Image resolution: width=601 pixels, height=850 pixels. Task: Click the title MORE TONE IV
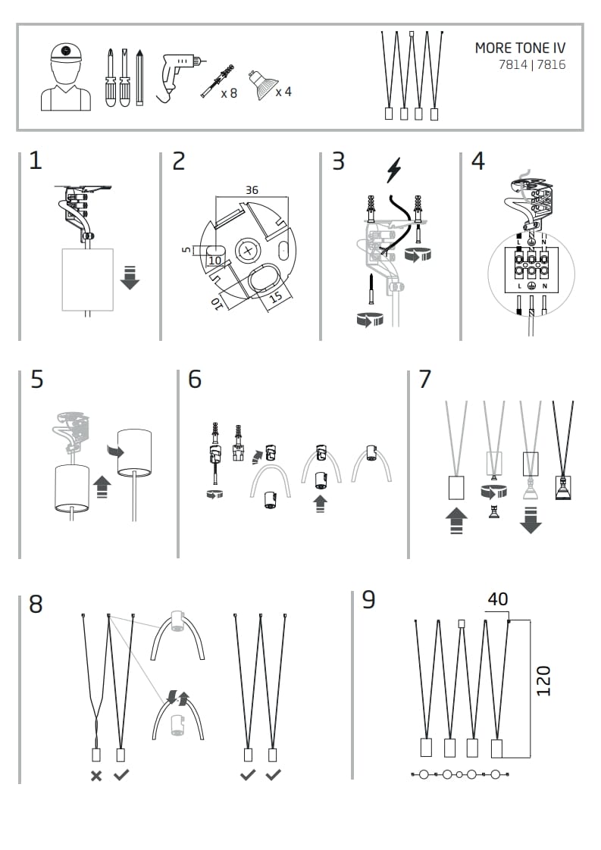[x=519, y=48]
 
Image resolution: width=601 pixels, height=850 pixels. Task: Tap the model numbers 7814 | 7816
[x=531, y=65]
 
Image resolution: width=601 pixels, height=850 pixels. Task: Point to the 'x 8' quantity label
[x=228, y=94]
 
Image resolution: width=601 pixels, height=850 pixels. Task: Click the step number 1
[x=36, y=161]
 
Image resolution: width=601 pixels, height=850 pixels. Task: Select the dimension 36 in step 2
[x=252, y=190]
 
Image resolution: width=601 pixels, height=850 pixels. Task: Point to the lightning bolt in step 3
[x=393, y=170]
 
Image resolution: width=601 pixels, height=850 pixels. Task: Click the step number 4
[x=477, y=161]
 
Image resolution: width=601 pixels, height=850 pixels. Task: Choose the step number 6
[x=195, y=379]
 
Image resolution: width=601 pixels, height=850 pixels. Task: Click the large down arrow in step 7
[x=530, y=521]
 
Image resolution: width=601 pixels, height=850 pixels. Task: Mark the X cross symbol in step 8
[x=96, y=775]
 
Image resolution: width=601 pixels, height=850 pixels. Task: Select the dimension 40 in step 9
[x=497, y=599]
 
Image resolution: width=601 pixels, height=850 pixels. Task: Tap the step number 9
[x=369, y=599]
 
